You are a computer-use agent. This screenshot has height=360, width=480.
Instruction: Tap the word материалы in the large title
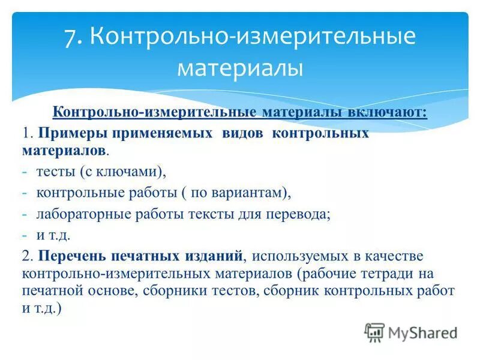pos(239,68)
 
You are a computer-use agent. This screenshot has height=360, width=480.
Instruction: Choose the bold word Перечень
pos(70,256)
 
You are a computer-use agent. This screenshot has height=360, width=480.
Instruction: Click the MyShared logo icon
pos(375,332)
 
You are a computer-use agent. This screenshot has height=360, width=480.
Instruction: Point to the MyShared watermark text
pos(423,332)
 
